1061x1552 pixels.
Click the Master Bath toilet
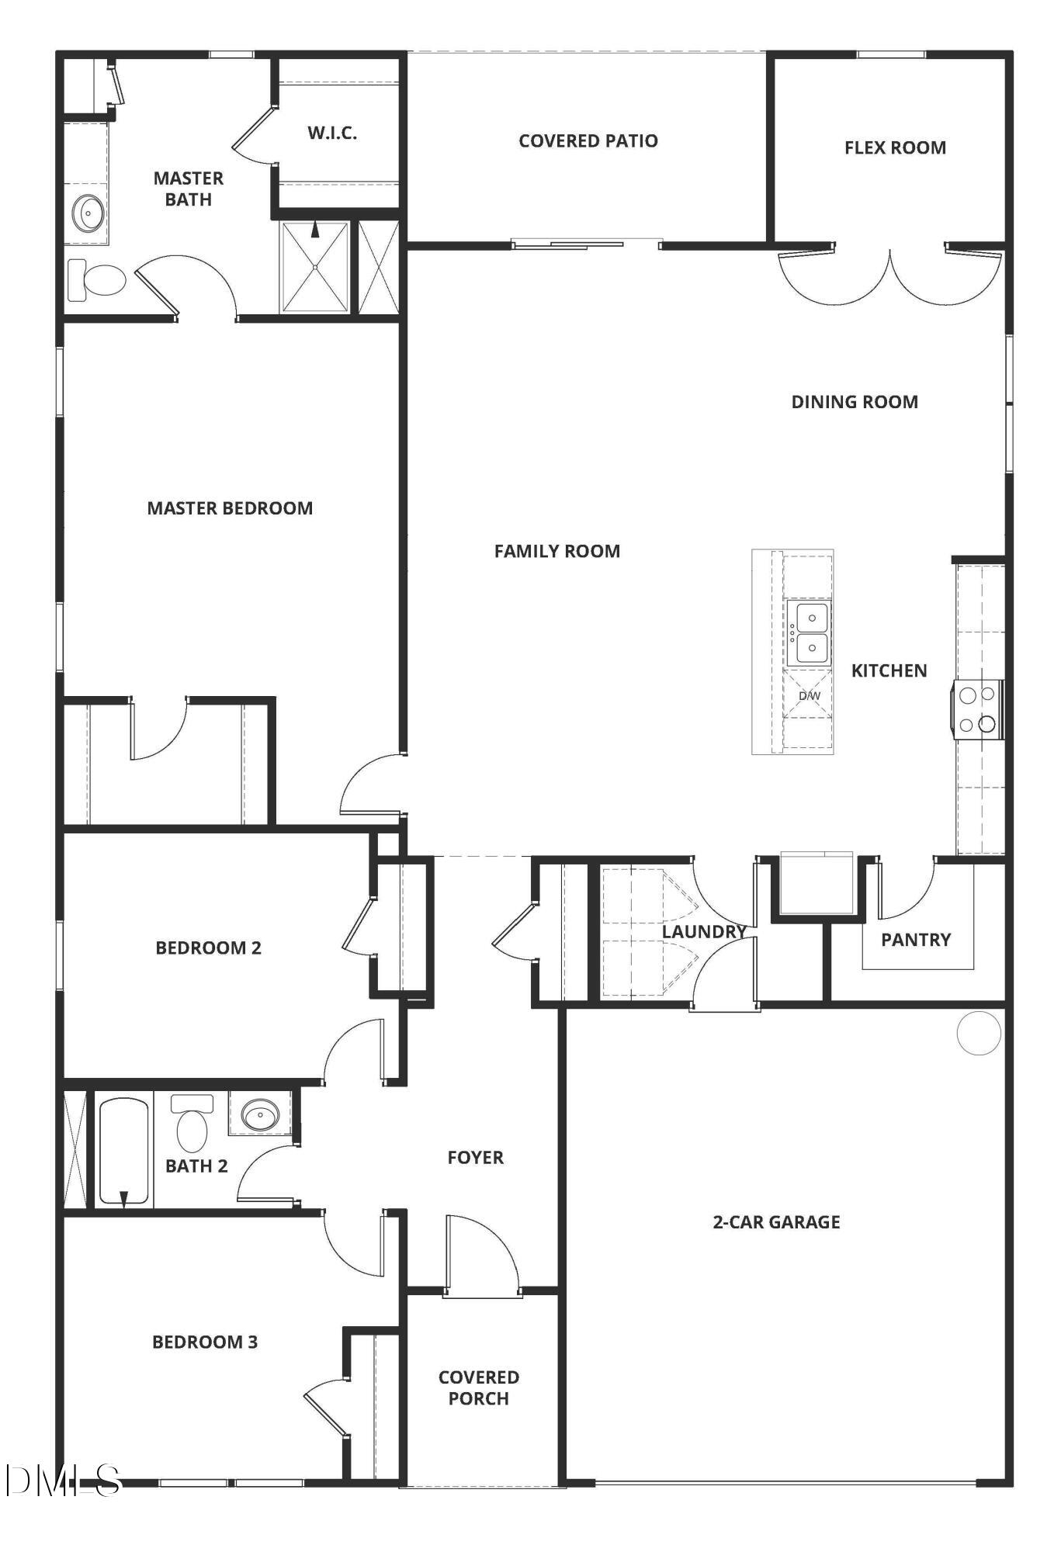point(98,280)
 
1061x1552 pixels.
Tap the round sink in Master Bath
point(89,212)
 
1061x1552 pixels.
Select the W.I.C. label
point(332,133)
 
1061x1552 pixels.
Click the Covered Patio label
point(588,141)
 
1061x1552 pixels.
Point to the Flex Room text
point(895,147)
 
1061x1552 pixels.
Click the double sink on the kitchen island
point(809,632)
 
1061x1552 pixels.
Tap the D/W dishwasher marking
point(809,695)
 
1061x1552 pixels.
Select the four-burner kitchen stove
point(978,709)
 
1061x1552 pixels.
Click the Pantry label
point(915,940)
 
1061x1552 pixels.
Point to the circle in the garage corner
point(979,1033)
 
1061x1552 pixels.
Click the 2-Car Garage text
point(776,1222)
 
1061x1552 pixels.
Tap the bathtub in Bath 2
point(123,1151)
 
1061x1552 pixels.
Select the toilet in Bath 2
point(192,1124)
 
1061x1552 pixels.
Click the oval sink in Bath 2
point(260,1115)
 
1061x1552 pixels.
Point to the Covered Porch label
point(478,1387)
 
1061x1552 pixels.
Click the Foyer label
point(475,1158)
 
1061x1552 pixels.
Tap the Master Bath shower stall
point(314,267)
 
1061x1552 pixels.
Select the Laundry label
point(703,932)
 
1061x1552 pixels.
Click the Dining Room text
point(854,402)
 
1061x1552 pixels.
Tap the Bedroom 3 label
point(205,1342)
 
